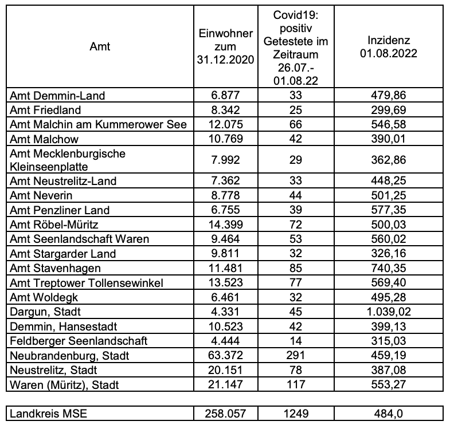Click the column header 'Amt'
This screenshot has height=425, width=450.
pyautogui.click(x=100, y=47)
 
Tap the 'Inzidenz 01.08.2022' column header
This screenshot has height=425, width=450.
pyautogui.click(x=393, y=47)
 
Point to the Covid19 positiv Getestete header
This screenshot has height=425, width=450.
pyautogui.click(x=295, y=47)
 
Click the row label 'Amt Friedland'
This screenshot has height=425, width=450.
pyautogui.click(x=46, y=110)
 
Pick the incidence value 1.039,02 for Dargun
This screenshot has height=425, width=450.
pyautogui.click(x=393, y=312)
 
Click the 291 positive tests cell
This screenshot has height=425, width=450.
pyautogui.click(x=295, y=356)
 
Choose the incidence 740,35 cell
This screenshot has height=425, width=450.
pyautogui.click(x=393, y=269)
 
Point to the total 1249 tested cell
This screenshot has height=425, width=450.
pyautogui.click(x=295, y=413)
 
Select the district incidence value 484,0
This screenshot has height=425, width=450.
pyautogui.click(x=393, y=413)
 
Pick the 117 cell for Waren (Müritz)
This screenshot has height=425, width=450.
pyautogui.click(x=295, y=384)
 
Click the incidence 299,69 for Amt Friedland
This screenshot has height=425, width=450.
pyautogui.click(x=393, y=110)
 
